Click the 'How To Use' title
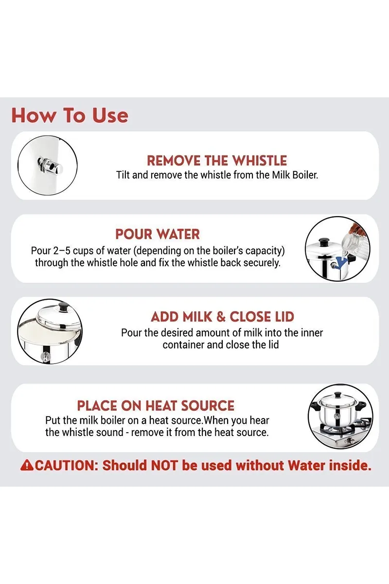[70, 115]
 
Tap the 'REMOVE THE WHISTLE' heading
[217, 161]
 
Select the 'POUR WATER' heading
[158, 234]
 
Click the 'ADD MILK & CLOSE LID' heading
[222, 317]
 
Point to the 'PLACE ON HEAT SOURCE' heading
[156, 406]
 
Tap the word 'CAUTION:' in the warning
[67, 465]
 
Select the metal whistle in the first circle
[50, 166]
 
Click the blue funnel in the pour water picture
[341, 262]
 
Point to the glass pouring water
[353, 242]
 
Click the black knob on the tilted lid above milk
[64, 306]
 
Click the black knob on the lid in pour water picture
[324, 241]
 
